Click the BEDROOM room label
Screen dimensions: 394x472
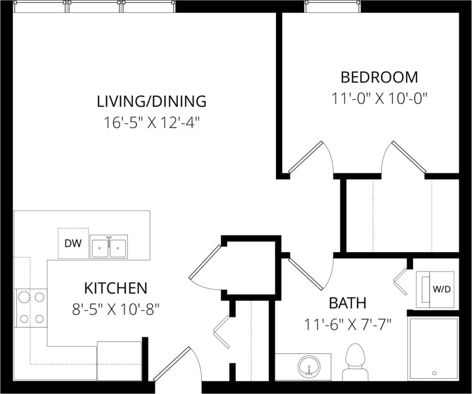(x=379, y=77)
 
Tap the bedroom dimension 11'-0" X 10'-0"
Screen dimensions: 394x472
(x=379, y=98)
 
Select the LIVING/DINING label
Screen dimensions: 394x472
(x=152, y=101)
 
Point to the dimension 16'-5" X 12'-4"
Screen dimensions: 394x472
(x=152, y=123)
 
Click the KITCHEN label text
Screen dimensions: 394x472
(x=116, y=288)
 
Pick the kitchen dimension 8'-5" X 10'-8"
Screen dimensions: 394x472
(x=115, y=309)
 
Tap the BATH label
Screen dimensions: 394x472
(x=347, y=303)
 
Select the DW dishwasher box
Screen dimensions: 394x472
(x=73, y=243)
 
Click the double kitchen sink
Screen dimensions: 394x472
(x=108, y=247)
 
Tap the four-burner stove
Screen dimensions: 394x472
(x=31, y=308)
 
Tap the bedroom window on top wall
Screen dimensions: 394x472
(x=332, y=7)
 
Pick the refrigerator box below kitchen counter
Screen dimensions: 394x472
(x=119, y=360)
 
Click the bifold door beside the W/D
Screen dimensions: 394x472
(x=401, y=282)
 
